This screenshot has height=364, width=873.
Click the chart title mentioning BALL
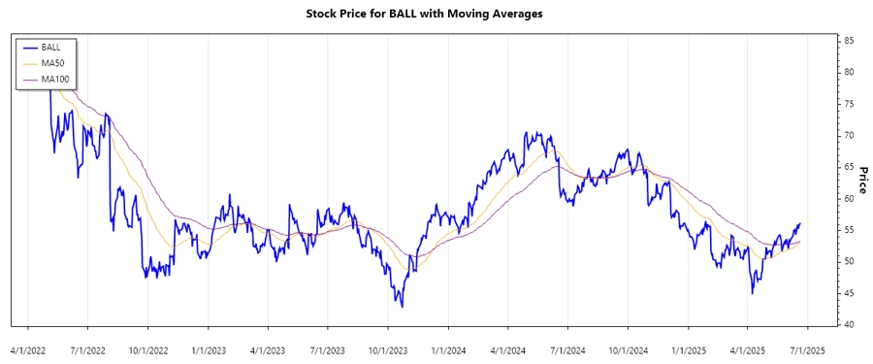pyautogui.click(x=436, y=14)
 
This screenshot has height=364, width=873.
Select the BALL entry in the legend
pyautogui.click(x=49, y=47)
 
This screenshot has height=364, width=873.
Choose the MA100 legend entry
pyautogui.click(x=54, y=79)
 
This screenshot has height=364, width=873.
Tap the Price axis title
pyautogui.click(x=861, y=180)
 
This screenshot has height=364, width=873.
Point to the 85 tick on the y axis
pyautogui.click(x=848, y=41)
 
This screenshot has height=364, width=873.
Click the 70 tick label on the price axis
pyautogui.click(x=848, y=135)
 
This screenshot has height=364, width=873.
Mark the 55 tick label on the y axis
pyautogui.click(x=848, y=230)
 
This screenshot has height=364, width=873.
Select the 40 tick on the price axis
pyautogui.click(x=848, y=324)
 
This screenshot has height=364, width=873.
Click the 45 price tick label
pyautogui.click(x=848, y=293)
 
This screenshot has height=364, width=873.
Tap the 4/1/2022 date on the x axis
pyautogui.click(x=27, y=347)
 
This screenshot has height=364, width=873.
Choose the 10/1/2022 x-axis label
pyautogui.click(x=147, y=347)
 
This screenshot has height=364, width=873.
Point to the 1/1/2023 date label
pyautogui.click(x=209, y=347)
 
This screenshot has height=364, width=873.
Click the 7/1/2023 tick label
pyautogui.click(x=328, y=347)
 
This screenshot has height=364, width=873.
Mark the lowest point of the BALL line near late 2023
pyautogui.click(x=402, y=307)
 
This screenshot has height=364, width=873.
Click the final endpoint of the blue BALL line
pyautogui.click(x=800, y=223)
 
